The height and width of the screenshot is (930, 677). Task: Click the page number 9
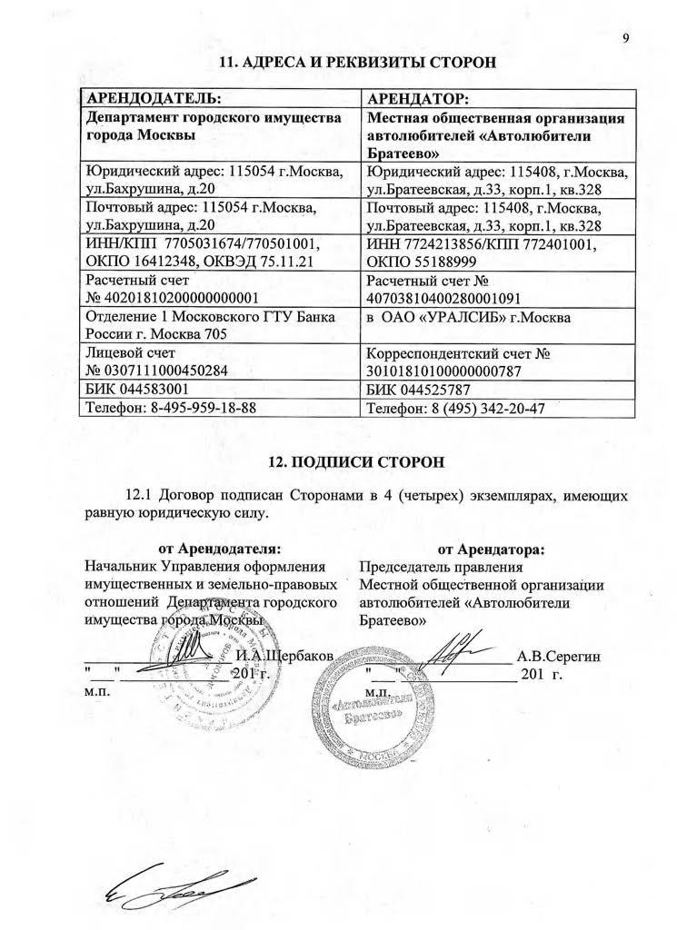627,38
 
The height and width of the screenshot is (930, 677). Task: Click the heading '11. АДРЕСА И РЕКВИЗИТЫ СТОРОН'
360,63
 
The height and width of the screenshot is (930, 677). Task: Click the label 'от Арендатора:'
492,549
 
